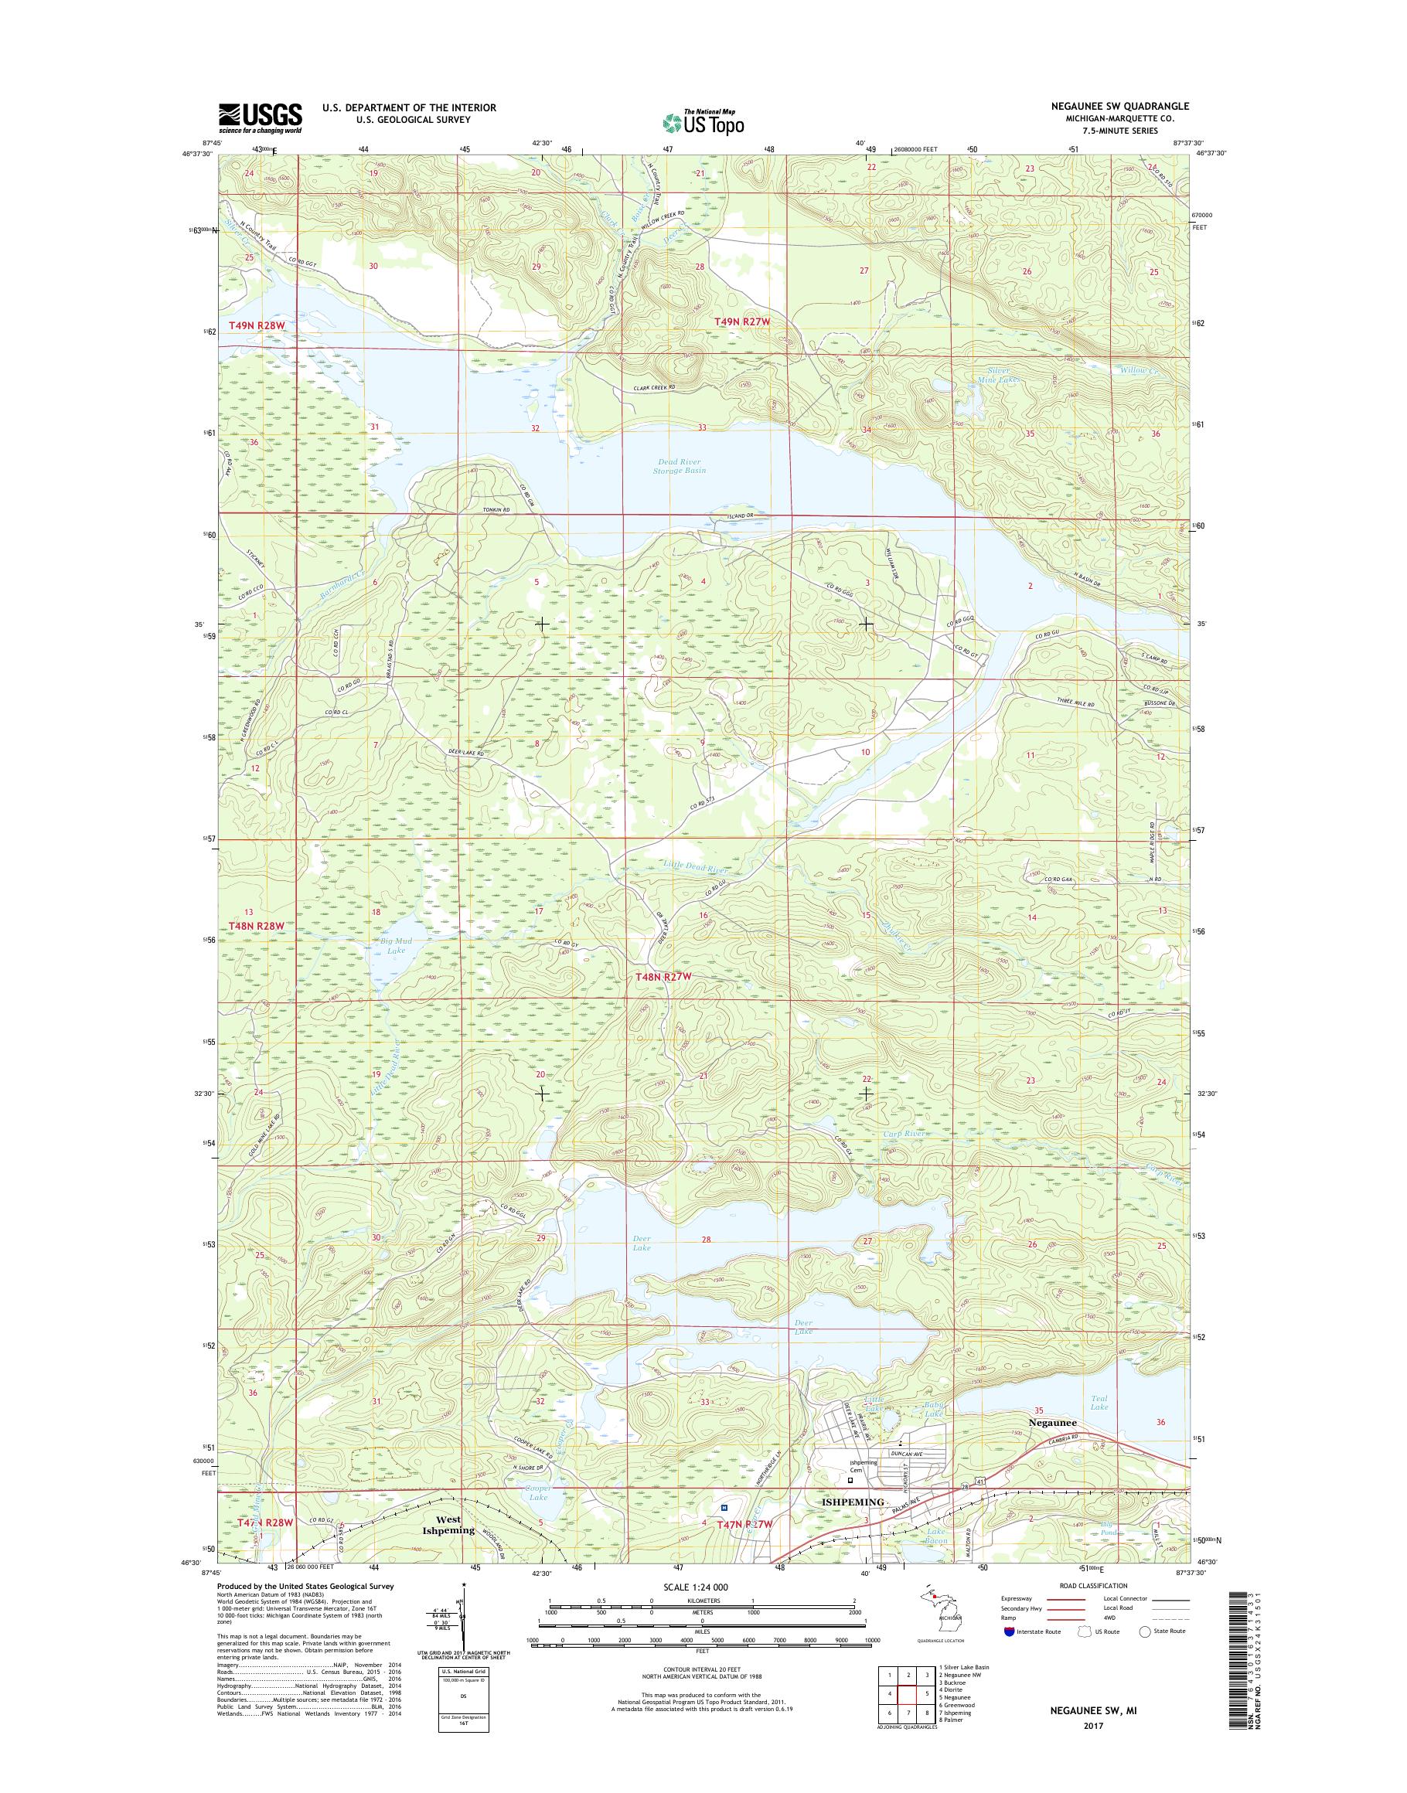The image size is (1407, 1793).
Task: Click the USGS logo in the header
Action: click(260, 117)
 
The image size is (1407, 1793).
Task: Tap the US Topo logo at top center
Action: click(703, 122)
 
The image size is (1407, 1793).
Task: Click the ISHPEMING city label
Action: click(853, 1502)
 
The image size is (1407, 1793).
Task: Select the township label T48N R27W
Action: click(662, 976)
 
